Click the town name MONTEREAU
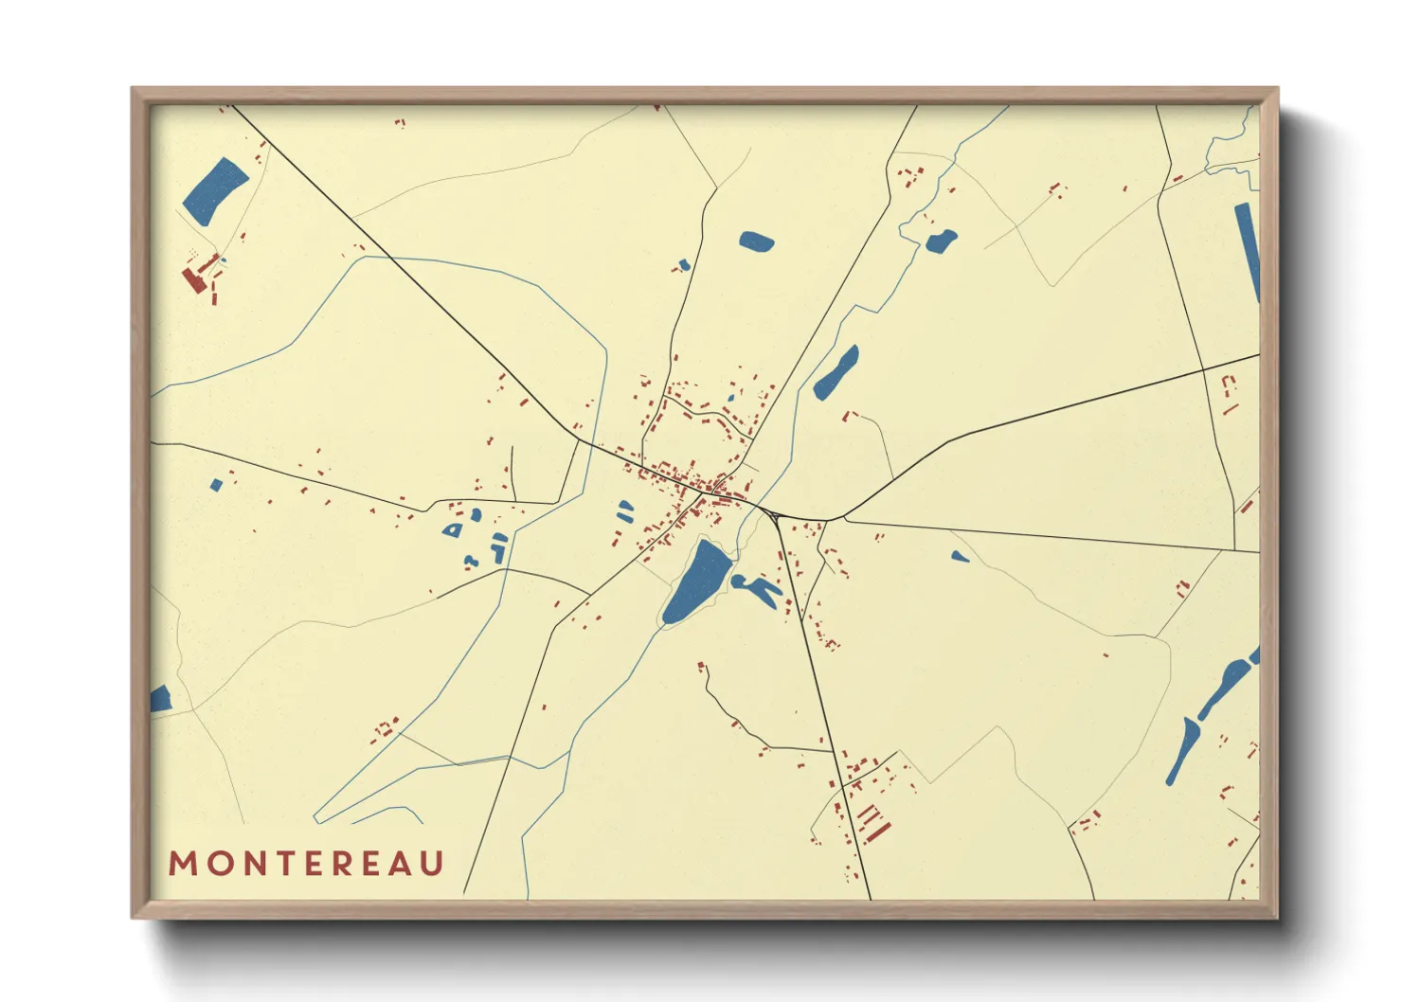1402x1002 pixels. [306, 864]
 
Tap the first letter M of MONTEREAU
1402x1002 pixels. [181, 864]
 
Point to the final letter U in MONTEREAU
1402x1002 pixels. [432, 864]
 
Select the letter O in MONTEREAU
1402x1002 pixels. [214, 864]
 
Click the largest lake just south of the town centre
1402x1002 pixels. [697, 581]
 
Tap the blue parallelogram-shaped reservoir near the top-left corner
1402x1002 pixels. [215, 190]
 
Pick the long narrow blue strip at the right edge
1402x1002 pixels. [1248, 251]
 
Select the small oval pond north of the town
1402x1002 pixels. [756, 242]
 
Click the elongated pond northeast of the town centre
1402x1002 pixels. [836, 372]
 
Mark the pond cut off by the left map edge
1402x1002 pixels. [159, 699]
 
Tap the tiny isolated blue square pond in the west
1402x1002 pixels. [216, 485]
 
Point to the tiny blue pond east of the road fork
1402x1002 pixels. [960, 557]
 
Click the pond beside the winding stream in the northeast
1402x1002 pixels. [941, 241]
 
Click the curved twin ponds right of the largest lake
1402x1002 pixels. [757, 588]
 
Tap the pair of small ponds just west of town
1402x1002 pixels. [624, 511]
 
